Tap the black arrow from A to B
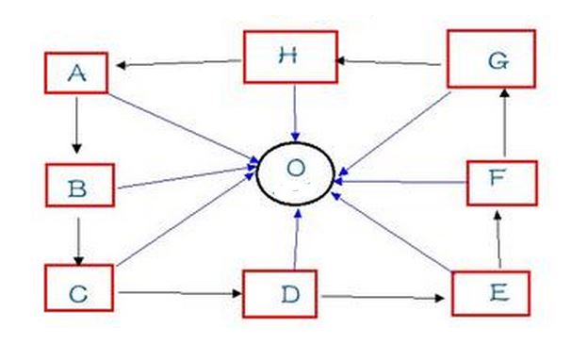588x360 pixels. point(77,125)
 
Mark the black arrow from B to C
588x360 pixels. point(78,241)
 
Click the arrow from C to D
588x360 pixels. point(180,293)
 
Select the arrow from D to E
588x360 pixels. point(383,298)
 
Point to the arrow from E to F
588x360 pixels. point(498,239)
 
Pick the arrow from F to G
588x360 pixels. point(505,123)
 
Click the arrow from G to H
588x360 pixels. point(388,62)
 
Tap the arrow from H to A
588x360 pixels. point(178,63)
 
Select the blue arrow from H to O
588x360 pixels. point(295,113)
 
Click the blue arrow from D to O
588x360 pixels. point(296,239)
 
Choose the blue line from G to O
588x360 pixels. point(395,134)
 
